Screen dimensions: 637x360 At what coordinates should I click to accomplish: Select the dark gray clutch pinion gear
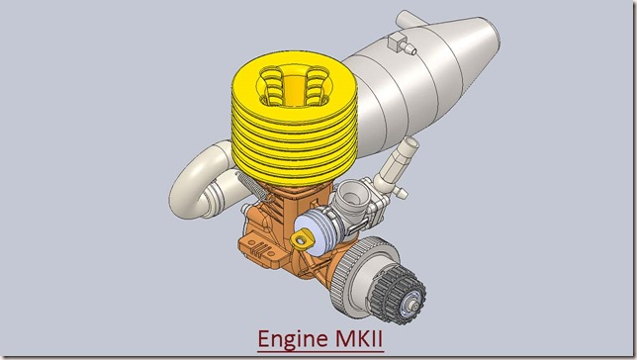pos(398,294)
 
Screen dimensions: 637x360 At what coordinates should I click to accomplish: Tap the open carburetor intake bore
pos(348,197)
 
